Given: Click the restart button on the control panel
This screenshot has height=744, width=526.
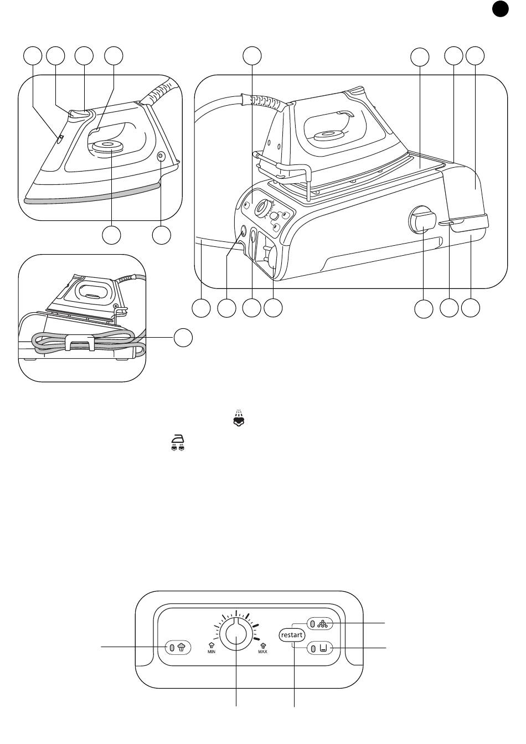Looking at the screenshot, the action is pyautogui.click(x=292, y=635).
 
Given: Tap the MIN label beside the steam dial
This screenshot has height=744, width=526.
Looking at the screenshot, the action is pyautogui.click(x=212, y=652).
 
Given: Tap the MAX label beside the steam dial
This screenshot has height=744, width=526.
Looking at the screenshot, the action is pyautogui.click(x=262, y=652).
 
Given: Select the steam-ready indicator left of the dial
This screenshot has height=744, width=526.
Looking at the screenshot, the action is pyautogui.click(x=178, y=647).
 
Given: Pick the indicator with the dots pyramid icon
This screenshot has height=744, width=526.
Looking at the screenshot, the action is pyautogui.click(x=319, y=624).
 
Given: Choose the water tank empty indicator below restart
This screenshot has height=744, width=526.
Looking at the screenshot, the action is pyautogui.click(x=319, y=648).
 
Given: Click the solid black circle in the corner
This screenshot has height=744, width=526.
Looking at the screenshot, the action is pyautogui.click(x=500, y=9).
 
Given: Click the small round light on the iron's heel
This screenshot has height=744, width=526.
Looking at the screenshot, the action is pyautogui.click(x=161, y=156).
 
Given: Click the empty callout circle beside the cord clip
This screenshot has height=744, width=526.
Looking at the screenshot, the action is pyautogui.click(x=183, y=338).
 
